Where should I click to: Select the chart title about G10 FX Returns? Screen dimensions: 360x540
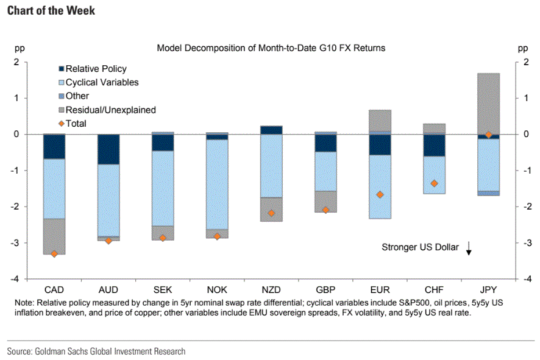click(271, 48)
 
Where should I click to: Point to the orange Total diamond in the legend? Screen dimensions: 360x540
click(61, 124)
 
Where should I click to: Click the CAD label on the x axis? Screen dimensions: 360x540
click(54, 290)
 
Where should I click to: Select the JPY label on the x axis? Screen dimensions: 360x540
click(488, 290)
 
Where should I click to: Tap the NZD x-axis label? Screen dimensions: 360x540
click(271, 290)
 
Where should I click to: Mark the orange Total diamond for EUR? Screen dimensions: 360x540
click(380, 195)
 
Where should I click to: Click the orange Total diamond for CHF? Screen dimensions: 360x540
click(435, 183)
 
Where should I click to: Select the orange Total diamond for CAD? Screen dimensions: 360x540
click(54, 254)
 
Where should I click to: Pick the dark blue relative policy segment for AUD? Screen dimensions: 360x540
click(108, 149)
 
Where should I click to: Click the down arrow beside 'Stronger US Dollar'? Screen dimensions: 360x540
click(469, 247)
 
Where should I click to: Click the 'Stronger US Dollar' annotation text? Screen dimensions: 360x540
click(420, 247)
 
